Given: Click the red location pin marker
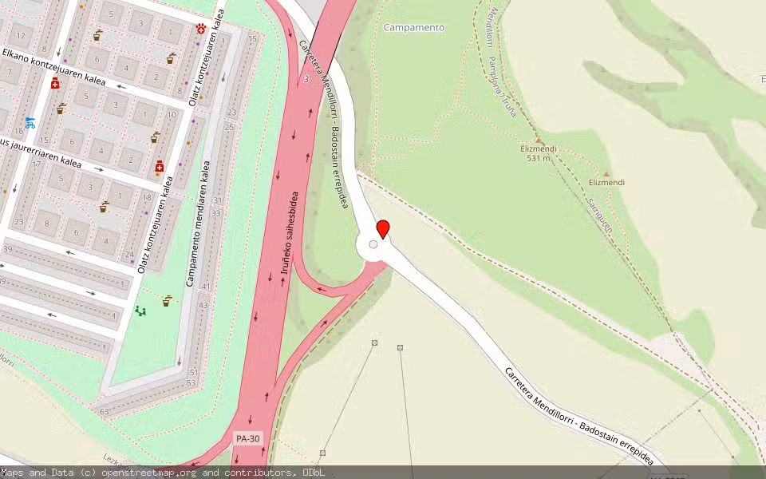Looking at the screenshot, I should [383, 229].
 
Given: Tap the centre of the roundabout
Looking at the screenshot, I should [373, 245].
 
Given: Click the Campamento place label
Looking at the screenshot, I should [414, 27].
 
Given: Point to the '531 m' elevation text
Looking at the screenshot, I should [539, 158].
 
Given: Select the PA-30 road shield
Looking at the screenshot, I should [248, 438].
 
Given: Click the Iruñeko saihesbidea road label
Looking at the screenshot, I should [290, 232].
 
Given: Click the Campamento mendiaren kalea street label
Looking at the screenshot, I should [198, 224].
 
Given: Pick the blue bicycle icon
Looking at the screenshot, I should [30, 123].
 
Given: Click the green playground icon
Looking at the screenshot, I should [141, 311].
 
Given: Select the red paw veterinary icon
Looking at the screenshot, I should [200, 29].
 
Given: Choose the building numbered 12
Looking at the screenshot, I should [22, 36].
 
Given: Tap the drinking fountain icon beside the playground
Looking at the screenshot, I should [167, 301].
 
